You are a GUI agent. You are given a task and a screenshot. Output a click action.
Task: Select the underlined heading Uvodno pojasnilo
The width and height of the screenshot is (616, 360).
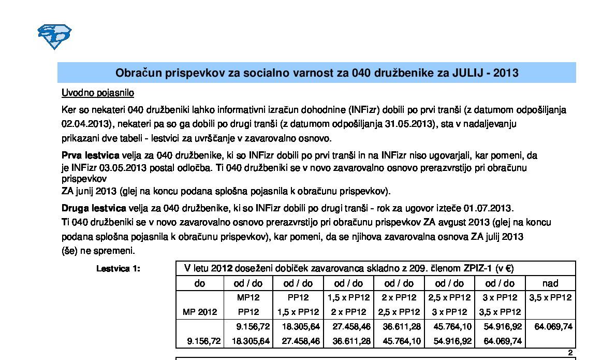pos(98,93)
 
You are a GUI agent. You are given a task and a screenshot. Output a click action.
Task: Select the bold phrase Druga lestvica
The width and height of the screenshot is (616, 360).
pos(94,208)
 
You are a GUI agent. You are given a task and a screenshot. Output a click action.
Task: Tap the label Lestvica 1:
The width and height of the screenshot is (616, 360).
pos(119,269)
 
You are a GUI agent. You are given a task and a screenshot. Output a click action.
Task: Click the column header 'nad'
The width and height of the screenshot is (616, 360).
pos(550,283)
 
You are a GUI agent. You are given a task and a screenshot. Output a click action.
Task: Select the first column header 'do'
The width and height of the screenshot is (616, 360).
pos(199,283)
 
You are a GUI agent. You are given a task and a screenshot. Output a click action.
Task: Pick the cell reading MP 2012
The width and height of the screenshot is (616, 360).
pos(200,312)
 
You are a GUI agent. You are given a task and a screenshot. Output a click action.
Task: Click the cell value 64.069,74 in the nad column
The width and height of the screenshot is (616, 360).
pos(553,327)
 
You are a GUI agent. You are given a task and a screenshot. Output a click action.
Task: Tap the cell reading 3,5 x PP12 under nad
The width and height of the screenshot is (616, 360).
pos(551,298)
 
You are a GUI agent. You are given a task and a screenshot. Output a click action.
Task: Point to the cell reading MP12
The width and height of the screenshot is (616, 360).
pos(248,298)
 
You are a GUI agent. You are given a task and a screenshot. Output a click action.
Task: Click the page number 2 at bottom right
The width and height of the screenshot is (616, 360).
pos(570,353)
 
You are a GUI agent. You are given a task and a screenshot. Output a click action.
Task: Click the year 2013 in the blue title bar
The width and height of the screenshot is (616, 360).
pos(506,73)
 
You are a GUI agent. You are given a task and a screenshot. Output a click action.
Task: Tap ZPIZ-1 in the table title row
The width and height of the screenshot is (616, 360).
pos(470,268)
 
